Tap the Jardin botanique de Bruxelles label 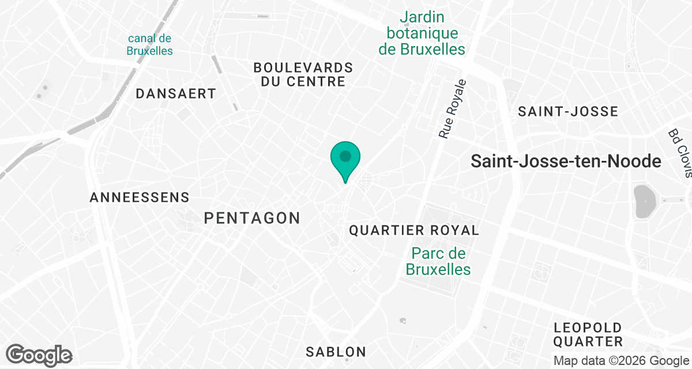[x=422, y=33]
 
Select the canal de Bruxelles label [x=150, y=44]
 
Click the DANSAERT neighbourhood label [x=176, y=93]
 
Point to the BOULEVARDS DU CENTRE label [x=303, y=74]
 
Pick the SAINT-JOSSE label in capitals [x=567, y=111]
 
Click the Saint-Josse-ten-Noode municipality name [x=565, y=161]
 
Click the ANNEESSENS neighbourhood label [x=140, y=198]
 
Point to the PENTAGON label [x=252, y=218]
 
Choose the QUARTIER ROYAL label [x=414, y=231]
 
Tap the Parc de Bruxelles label [x=438, y=261]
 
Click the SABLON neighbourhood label [x=336, y=352]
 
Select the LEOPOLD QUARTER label [x=588, y=334]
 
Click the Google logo [x=39, y=355]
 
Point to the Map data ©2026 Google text [x=621, y=361]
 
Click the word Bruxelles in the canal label [x=150, y=51]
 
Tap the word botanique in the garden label [x=422, y=33]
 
